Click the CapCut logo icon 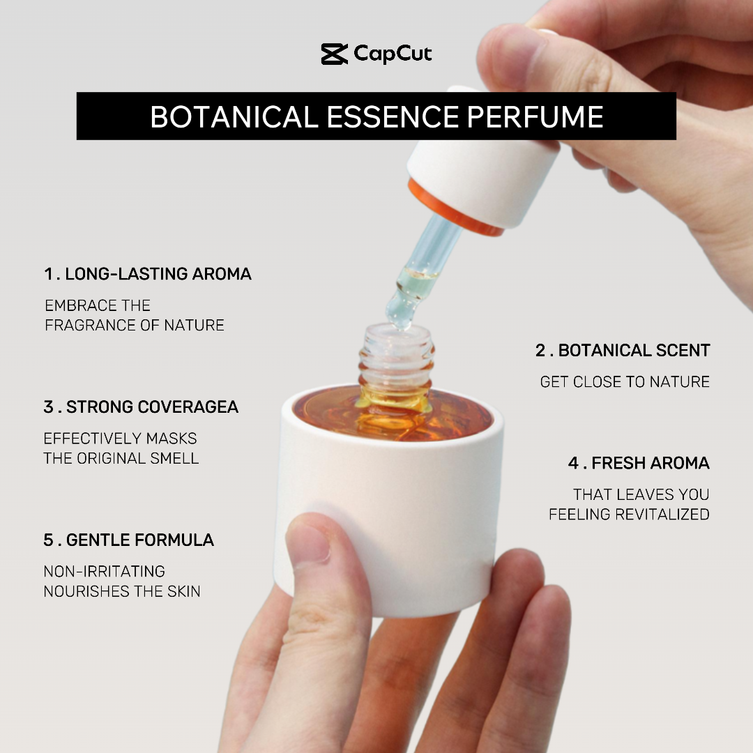pyautogui.click(x=334, y=54)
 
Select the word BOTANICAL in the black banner pyautogui.click(x=234, y=116)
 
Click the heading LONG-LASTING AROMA pyautogui.click(x=158, y=274)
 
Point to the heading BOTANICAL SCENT pyautogui.click(x=634, y=351)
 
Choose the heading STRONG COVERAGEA pyautogui.click(x=152, y=406)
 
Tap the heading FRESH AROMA pyautogui.click(x=651, y=463)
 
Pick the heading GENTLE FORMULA pyautogui.click(x=139, y=540)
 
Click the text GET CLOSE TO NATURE pyautogui.click(x=625, y=382)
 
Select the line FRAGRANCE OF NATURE pyautogui.click(x=135, y=325)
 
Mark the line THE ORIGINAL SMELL pyautogui.click(x=121, y=458)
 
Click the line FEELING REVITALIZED pyautogui.click(x=629, y=515)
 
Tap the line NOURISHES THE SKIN pyautogui.click(x=122, y=591)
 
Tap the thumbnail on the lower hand pyautogui.click(x=308, y=542)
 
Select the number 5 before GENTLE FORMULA pyautogui.click(x=49, y=540)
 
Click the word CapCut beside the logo pyautogui.click(x=393, y=54)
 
